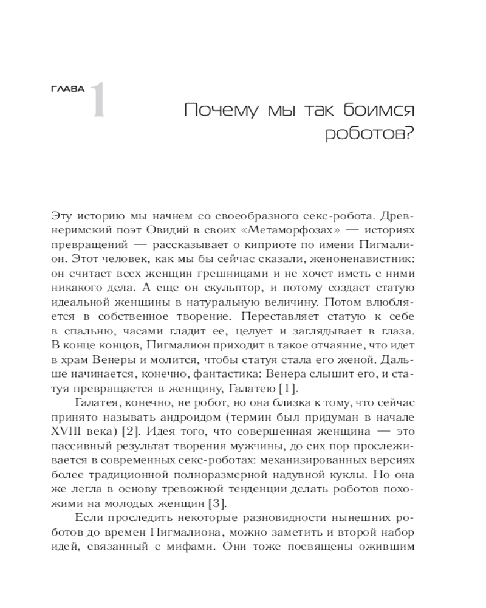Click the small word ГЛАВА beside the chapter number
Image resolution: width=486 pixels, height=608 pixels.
pyautogui.click(x=68, y=89)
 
